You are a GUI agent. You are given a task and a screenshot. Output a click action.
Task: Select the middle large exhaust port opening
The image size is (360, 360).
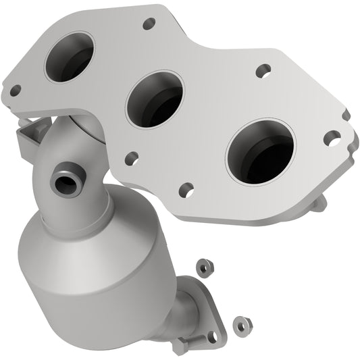tap(155, 99)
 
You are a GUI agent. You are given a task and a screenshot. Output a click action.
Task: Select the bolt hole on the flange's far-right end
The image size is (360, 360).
tap(330, 138)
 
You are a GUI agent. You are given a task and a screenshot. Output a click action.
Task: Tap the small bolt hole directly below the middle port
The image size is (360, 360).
tap(132, 159)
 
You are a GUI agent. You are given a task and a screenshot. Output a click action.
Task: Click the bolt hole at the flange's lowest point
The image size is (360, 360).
tap(186, 190)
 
